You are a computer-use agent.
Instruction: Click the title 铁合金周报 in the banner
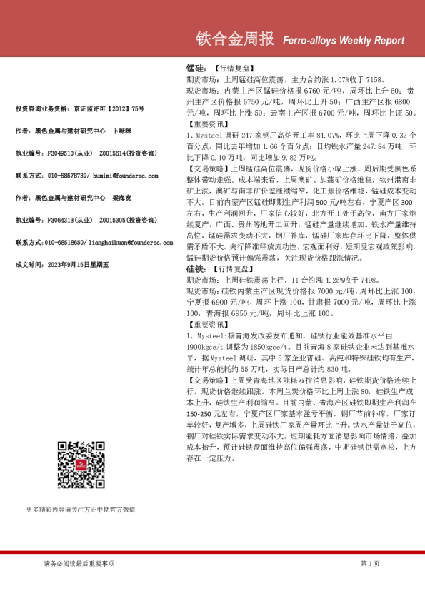pyautogui.click(x=236, y=39)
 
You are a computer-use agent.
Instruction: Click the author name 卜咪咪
pyautogui.click(x=124, y=131)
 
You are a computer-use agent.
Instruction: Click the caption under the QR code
pyautogui.click(x=80, y=510)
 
